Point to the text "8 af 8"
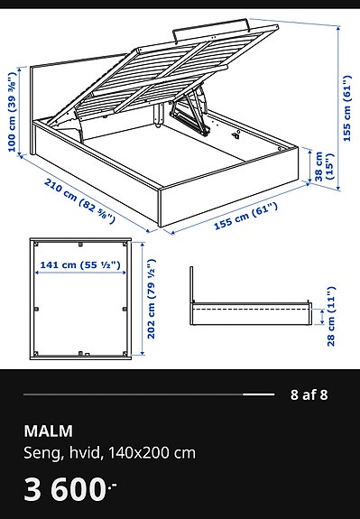(309, 394)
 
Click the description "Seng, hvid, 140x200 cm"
(109, 452)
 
